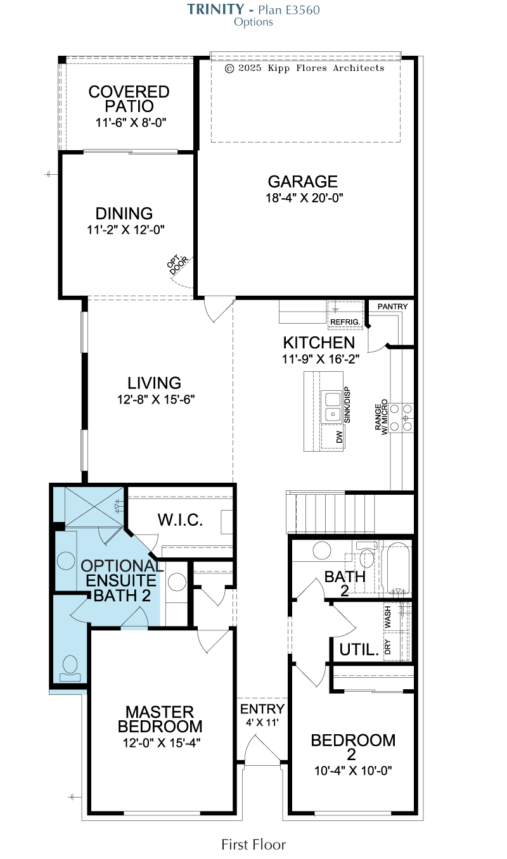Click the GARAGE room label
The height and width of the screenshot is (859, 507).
(x=302, y=181)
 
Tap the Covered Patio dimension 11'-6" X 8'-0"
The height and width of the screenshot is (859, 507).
(x=131, y=123)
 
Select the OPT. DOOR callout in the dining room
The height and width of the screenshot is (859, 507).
(x=177, y=264)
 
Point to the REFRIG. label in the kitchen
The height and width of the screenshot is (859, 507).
(x=345, y=322)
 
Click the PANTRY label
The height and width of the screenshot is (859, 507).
(x=392, y=307)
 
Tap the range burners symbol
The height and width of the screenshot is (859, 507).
(x=402, y=418)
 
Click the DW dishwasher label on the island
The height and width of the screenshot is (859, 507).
(x=339, y=437)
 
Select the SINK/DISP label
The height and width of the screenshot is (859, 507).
(x=347, y=405)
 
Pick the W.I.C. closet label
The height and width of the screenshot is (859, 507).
(x=180, y=520)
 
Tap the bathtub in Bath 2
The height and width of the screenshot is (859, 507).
(x=398, y=568)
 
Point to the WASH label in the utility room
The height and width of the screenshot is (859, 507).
(x=388, y=616)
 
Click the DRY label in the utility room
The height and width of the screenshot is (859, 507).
(x=387, y=647)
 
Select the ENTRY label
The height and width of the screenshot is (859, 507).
(x=262, y=709)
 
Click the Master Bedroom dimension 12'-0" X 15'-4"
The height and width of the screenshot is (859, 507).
(x=162, y=743)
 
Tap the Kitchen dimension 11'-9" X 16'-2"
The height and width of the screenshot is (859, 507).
(x=321, y=359)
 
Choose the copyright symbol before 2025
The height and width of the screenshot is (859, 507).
(x=229, y=68)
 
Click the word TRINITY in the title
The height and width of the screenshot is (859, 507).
(x=215, y=10)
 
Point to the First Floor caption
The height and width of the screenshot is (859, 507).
(x=253, y=844)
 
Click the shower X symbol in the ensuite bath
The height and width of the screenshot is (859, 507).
(x=94, y=507)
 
